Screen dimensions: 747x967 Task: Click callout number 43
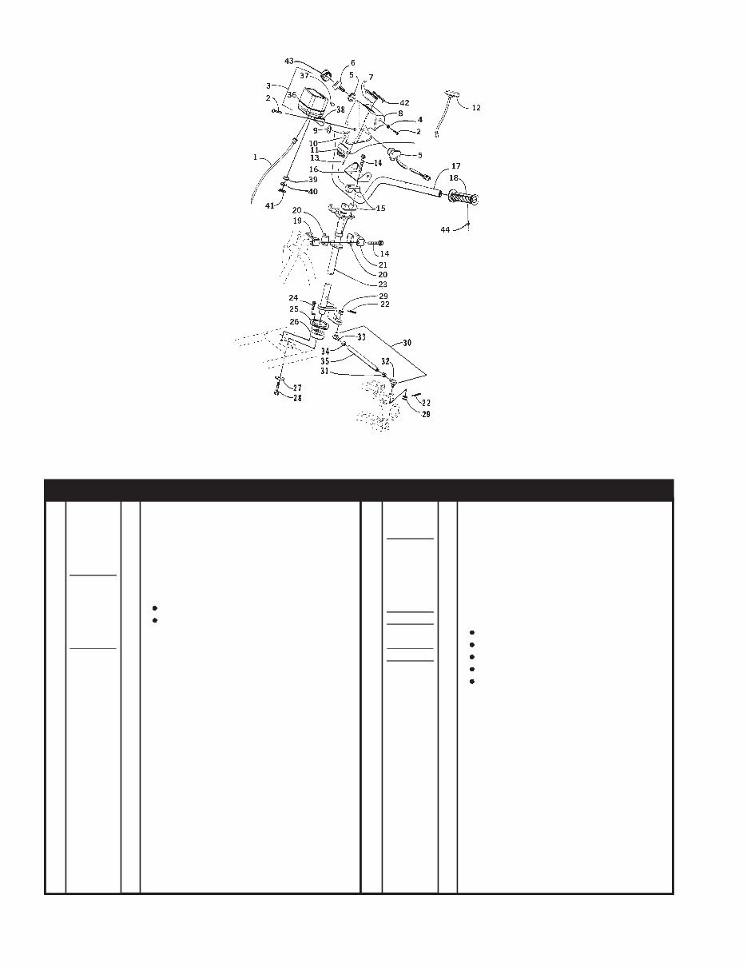(x=289, y=61)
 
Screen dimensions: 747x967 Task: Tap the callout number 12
(x=476, y=108)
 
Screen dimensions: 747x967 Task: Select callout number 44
(x=445, y=229)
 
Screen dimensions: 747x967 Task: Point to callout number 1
(x=256, y=157)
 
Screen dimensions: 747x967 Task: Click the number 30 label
(x=407, y=343)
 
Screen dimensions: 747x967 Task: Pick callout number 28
(x=297, y=398)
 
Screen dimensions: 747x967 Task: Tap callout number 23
(x=383, y=285)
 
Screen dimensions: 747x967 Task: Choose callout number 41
(x=269, y=206)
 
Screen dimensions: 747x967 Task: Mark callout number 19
(x=297, y=221)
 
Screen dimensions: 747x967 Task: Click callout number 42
(x=404, y=103)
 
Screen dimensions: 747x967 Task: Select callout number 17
(x=456, y=166)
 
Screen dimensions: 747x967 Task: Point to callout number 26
(x=294, y=321)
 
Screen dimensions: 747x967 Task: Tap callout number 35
(x=325, y=361)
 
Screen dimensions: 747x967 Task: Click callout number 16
(x=314, y=169)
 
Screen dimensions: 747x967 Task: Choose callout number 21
(x=383, y=265)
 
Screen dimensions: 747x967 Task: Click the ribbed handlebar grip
(x=463, y=197)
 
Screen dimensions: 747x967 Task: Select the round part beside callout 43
(x=326, y=74)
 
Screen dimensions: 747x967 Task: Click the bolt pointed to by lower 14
(x=375, y=243)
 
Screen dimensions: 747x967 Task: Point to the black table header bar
(x=359, y=490)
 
